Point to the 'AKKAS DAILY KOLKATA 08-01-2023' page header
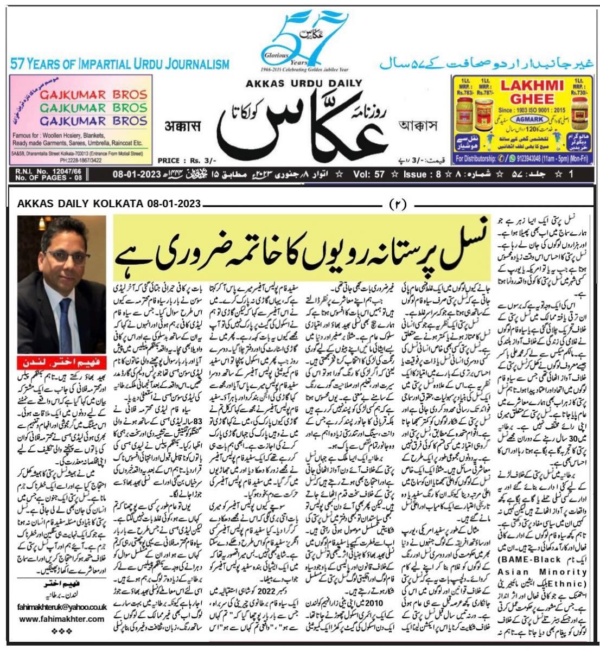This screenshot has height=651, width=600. [108, 204]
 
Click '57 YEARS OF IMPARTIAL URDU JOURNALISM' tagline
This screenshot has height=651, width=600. [119, 65]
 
